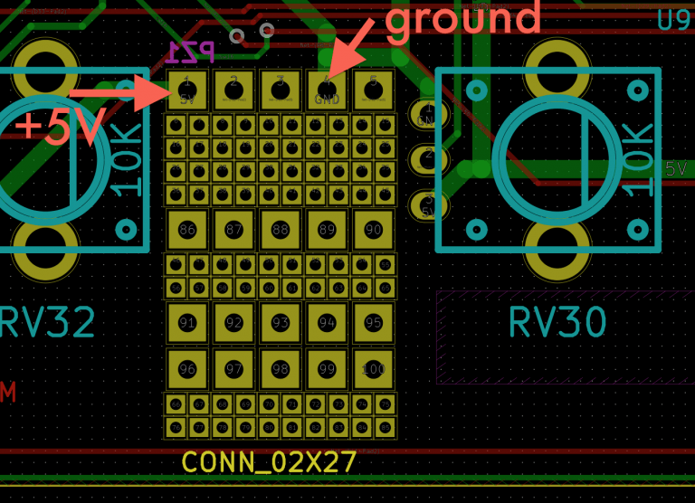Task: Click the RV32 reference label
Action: (x=47, y=322)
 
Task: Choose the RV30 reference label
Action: (x=557, y=322)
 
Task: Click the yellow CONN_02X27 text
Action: (x=269, y=462)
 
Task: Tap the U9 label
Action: (x=674, y=20)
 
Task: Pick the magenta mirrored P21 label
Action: (x=191, y=52)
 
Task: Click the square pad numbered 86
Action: (x=187, y=230)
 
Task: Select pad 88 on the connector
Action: (x=281, y=230)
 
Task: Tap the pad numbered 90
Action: (x=374, y=230)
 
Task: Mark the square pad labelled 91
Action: (x=187, y=323)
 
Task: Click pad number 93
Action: (x=281, y=323)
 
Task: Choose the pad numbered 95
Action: (x=374, y=323)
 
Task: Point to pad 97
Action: (x=233, y=369)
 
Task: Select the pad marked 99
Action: (x=327, y=369)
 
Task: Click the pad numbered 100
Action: (x=374, y=369)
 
